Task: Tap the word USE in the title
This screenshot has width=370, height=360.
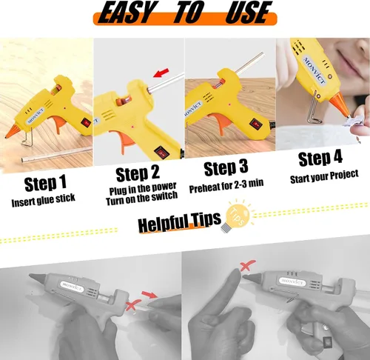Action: [249, 12]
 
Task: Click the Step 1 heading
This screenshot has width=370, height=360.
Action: [46, 184]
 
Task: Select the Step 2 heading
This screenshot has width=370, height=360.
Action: [138, 173]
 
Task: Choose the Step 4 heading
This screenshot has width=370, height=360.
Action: [320, 158]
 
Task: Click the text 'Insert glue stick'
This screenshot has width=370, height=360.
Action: [44, 200]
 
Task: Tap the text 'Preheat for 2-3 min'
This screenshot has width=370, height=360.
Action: [226, 186]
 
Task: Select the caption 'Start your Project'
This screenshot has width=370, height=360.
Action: [324, 177]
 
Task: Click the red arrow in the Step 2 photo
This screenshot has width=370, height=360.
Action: [161, 73]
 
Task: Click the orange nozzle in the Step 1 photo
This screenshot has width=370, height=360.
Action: [13, 132]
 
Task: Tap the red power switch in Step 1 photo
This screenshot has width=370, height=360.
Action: [87, 122]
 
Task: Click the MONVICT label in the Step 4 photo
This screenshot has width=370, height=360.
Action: [315, 70]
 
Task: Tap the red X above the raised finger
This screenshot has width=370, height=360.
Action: [248, 266]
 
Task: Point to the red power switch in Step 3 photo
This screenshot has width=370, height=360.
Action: [255, 124]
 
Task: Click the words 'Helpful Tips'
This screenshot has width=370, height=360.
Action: [179, 221]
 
